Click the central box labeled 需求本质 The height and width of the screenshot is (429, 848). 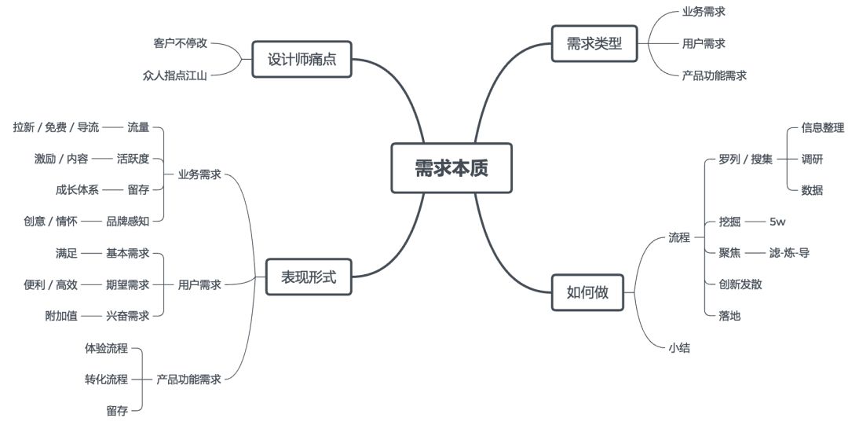(x=451, y=168)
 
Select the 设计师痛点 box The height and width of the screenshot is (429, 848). (x=302, y=59)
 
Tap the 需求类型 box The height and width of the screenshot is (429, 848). (x=594, y=44)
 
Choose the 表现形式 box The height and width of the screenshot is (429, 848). (x=309, y=277)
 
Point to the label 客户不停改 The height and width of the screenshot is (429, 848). (x=181, y=42)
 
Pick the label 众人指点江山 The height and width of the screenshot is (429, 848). (x=174, y=75)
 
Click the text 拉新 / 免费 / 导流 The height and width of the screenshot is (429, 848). (x=57, y=126)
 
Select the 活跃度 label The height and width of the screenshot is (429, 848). (x=133, y=158)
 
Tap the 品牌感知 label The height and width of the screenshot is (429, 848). (x=127, y=221)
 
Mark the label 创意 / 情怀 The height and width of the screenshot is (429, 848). (x=51, y=221)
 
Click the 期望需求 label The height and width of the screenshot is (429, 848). (x=127, y=284)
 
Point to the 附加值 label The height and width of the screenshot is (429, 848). (x=61, y=316)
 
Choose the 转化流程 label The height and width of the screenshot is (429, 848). (x=106, y=379)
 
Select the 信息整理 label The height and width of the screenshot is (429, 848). (x=822, y=126)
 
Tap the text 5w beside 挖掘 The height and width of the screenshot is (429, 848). (x=777, y=221)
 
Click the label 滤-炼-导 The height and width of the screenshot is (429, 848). (x=789, y=252)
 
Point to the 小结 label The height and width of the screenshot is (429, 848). (x=679, y=347)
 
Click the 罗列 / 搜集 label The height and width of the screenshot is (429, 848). (x=745, y=159)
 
